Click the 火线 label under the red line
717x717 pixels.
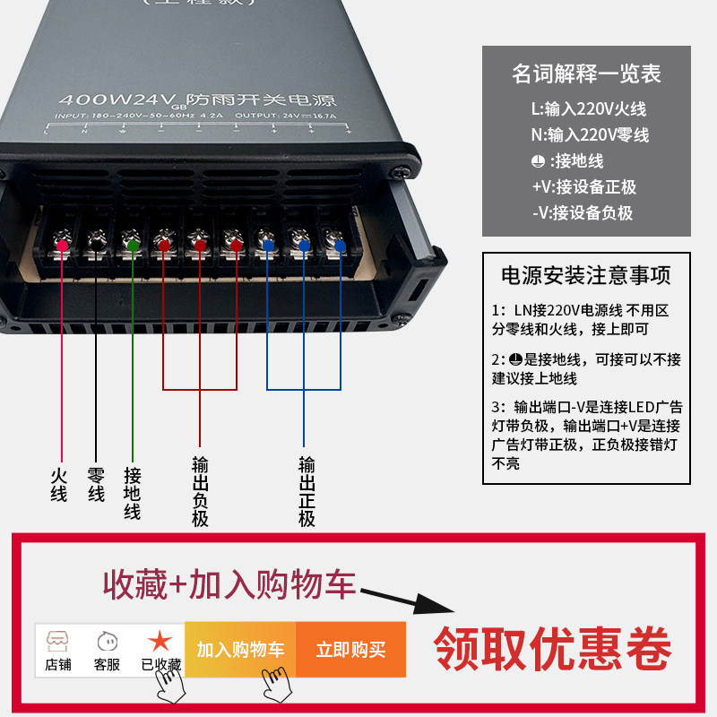[59, 483]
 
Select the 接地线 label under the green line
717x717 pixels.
[133, 493]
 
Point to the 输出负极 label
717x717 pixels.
[200, 491]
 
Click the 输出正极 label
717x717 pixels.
[307, 491]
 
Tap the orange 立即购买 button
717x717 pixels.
[350, 650]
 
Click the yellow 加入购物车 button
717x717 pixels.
[240, 650]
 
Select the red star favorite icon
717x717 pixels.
[160, 641]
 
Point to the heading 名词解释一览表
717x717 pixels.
[586, 73]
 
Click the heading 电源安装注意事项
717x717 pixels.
[586, 275]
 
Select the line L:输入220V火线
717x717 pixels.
[588, 109]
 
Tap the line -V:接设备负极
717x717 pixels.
[583, 213]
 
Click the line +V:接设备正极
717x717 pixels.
[583, 187]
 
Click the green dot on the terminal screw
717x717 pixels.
[133, 245]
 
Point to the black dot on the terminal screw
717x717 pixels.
[96, 244]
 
